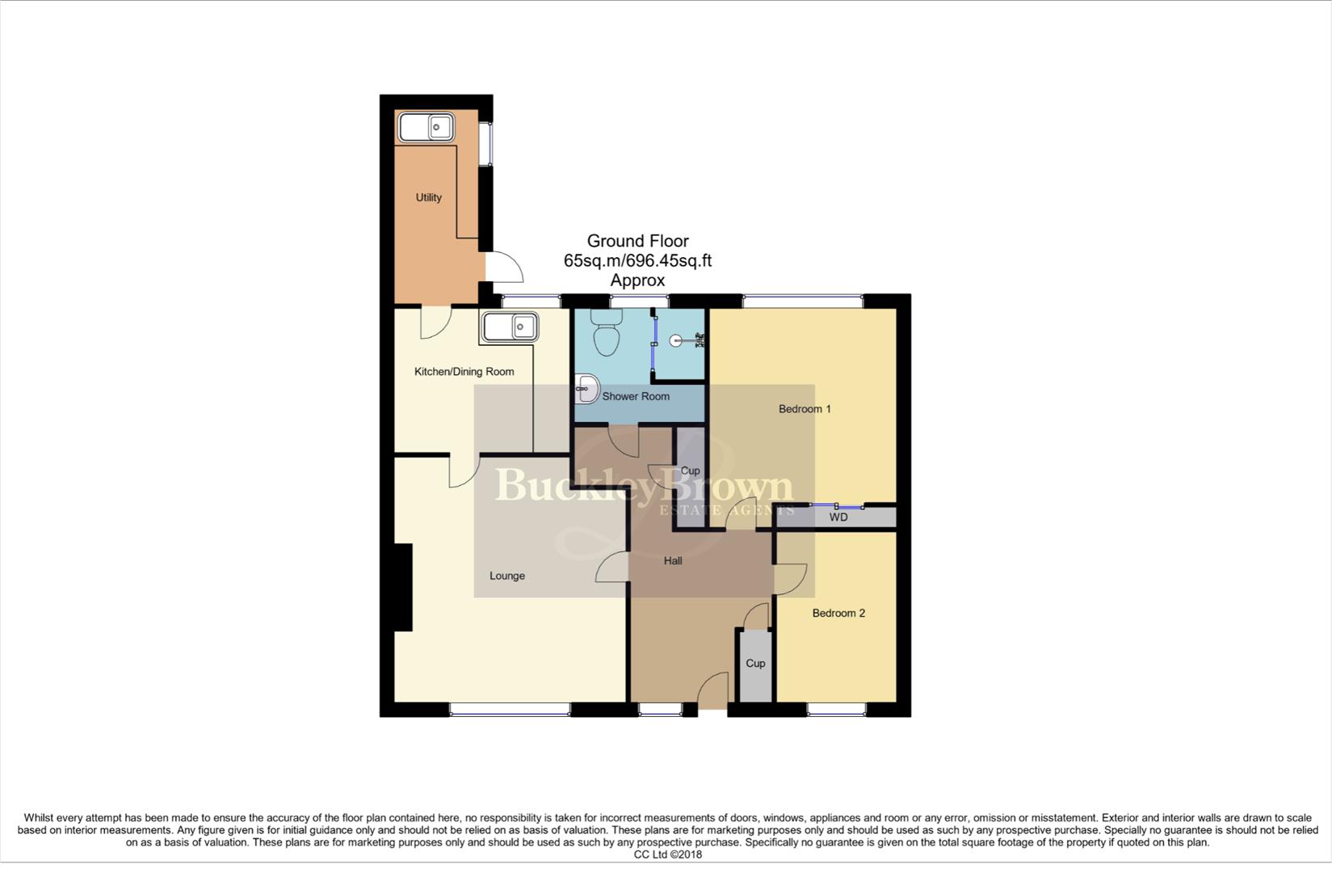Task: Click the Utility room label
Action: [x=428, y=197]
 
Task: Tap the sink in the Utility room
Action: [x=426, y=128]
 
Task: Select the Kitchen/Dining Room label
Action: [x=464, y=372]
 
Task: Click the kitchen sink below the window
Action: [x=511, y=327]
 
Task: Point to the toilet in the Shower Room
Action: [x=606, y=335]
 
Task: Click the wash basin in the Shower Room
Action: [x=586, y=390]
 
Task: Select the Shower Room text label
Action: [x=636, y=396]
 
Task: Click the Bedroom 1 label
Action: [x=805, y=409]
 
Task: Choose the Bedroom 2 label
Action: [x=838, y=613]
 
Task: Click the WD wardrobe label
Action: [x=838, y=517]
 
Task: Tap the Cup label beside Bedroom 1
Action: [x=690, y=470]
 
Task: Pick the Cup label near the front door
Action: [x=755, y=663]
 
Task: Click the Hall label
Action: [x=673, y=560]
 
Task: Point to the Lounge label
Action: [x=507, y=576]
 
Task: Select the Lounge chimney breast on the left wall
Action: [x=403, y=587]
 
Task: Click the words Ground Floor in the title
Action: [x=637, y=241]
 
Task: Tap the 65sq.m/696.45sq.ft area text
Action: [x=637, y=261]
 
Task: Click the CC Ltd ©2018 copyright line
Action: [x=667, y=854]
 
